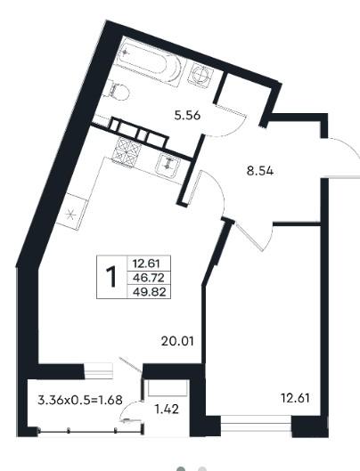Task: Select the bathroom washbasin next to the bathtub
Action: (x=200, y=76)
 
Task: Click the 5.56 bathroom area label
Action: (x=187, y=116)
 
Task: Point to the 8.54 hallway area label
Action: (x=260, y=171)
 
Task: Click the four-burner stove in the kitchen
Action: (x=127, y=152)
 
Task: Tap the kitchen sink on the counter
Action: (x=168, y=166)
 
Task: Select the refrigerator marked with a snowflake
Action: (x=72, y=212)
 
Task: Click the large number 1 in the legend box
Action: (x=111, y=277)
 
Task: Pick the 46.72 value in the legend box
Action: (x=149, y=278)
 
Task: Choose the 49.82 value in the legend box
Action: (x=149, y=292)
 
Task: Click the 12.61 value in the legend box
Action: (x=146, y=264)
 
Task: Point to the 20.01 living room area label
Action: (x=177, y=341)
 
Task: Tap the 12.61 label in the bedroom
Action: (x=295, y=398)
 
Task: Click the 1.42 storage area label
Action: (x=167, y=410)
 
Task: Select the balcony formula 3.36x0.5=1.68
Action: (x=80, y=400)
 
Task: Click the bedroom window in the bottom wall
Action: (x=256, y=424)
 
